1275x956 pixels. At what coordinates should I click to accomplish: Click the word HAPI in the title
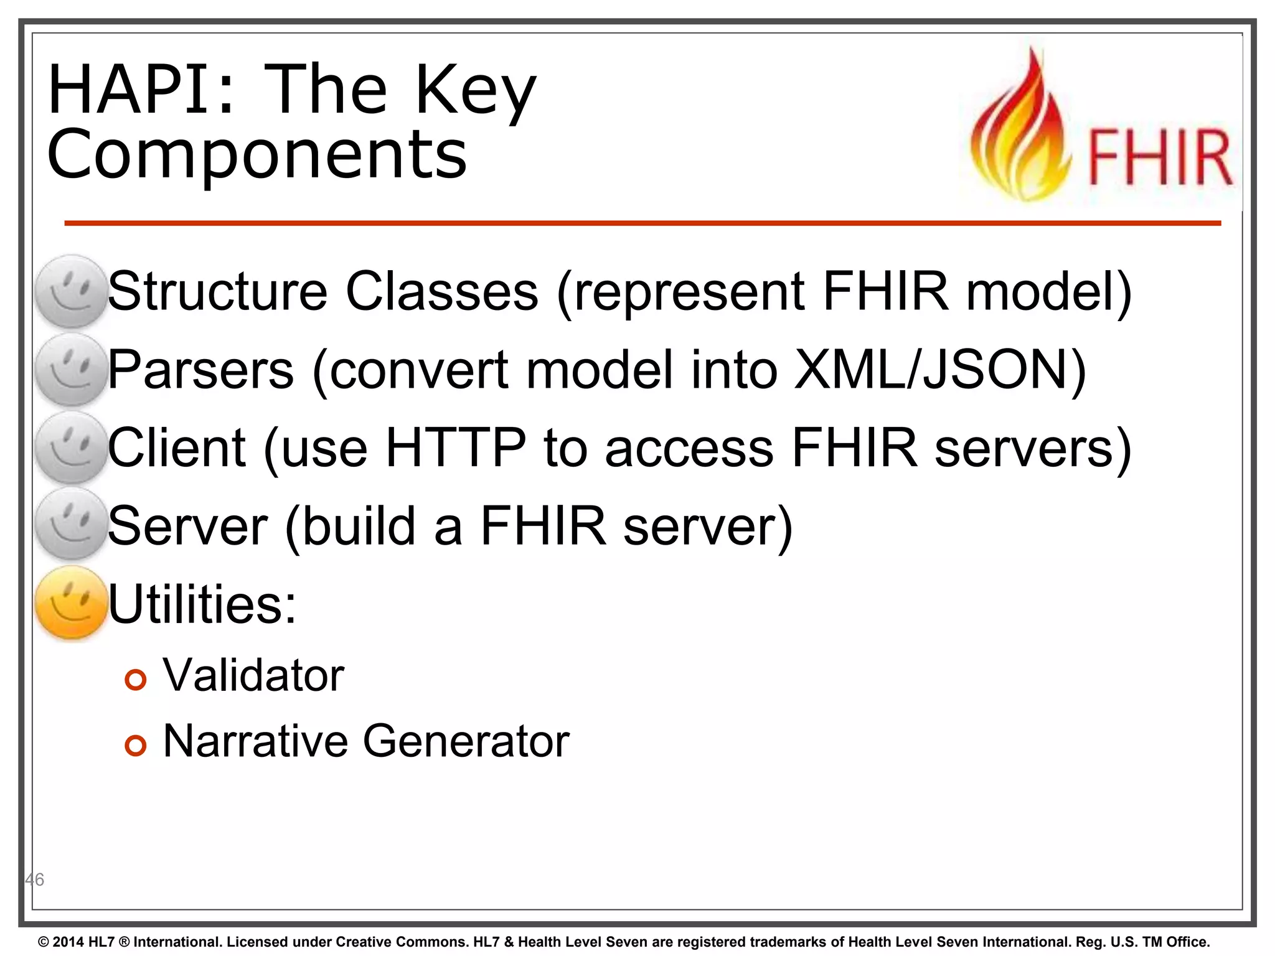click(140, 90)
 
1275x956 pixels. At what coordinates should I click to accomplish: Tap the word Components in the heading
click(256, 156)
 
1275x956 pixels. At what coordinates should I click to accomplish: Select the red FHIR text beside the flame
click(1159, 157)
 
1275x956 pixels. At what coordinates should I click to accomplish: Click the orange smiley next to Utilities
click(72, 602)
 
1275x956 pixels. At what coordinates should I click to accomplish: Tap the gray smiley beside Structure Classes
click(72, 291)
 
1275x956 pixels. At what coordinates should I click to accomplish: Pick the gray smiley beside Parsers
click(72, 370)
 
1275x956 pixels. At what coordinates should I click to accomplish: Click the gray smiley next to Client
click(72, 448)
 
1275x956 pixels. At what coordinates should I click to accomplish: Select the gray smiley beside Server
click(72, 524)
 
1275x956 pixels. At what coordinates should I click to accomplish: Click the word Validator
click(253, 675)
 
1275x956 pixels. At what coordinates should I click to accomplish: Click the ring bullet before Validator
click(135, 680)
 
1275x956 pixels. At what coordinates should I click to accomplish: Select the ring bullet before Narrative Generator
click(135, 745)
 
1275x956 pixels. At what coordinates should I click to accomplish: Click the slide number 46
click(35, 879)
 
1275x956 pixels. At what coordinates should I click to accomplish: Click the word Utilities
click(202, 604)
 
